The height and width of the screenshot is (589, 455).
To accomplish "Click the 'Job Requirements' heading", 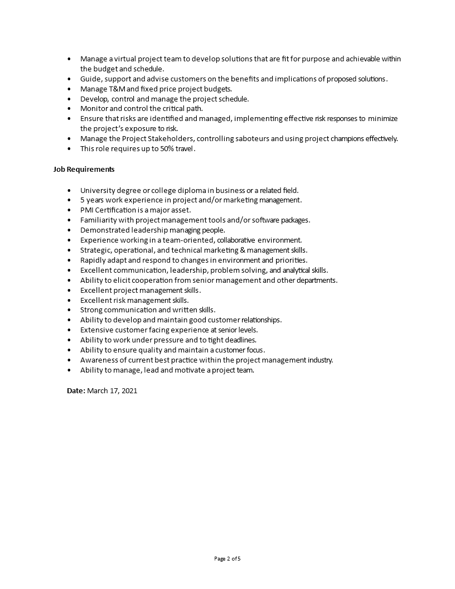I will (84, 169).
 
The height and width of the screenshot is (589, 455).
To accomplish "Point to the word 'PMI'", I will (88, 210).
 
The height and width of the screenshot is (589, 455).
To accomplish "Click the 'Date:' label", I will (76, 391).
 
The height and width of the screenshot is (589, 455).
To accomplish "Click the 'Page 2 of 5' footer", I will (227, 558).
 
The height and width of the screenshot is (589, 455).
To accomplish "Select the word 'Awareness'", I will (98, 360).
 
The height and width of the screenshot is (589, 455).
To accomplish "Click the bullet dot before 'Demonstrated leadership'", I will (69, 230).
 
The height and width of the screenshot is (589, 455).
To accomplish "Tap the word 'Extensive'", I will (96, 330).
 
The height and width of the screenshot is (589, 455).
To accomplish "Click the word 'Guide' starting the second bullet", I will (90, 79).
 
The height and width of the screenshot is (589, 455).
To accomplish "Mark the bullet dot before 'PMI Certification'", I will (69, 210).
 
